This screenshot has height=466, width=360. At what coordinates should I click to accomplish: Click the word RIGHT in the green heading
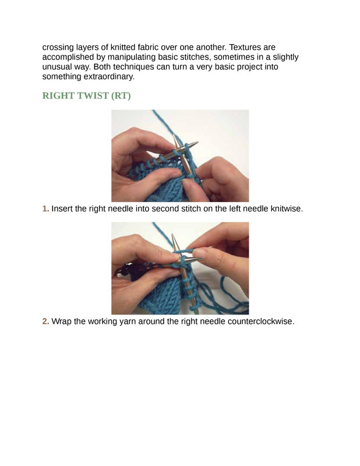click(58, 96)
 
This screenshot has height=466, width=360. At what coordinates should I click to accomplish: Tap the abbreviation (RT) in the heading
click(121, 96)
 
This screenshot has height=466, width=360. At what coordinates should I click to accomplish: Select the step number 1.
click(45, 209)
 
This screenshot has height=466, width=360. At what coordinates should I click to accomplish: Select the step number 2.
click(45, 322)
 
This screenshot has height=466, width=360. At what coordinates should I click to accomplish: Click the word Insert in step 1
click(62, 209)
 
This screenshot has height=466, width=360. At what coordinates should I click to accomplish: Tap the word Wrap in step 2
click(61, 322)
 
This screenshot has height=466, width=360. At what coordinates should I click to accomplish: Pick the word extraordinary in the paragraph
click(109, 77)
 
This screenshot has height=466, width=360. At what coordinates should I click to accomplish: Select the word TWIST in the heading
click(93, 96)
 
